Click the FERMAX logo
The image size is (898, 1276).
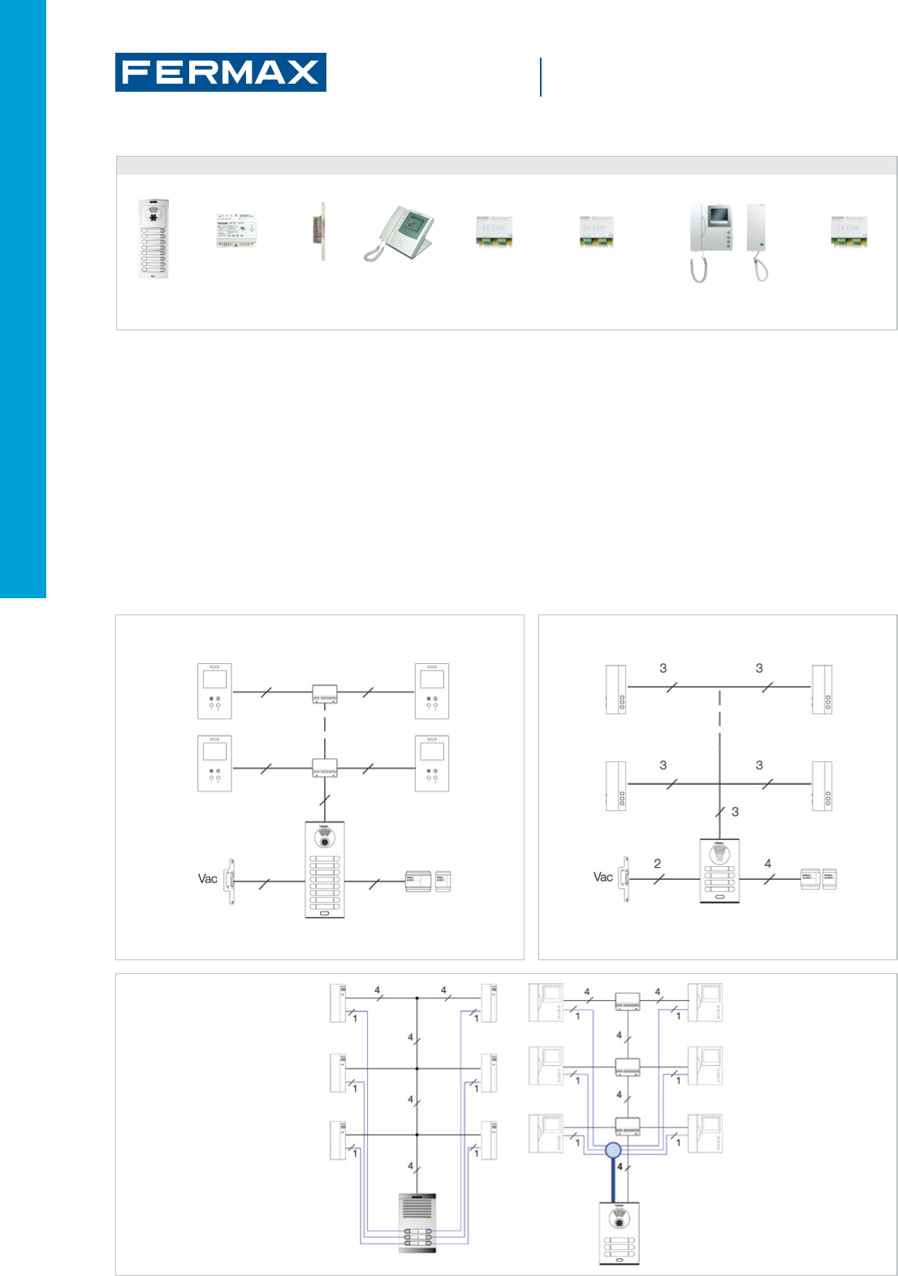(x=221, y=72)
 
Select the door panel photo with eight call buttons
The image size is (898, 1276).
(x=153, y=239)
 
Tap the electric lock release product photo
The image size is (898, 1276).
(x=322, y=231)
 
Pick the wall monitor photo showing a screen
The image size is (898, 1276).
(x=710, y=242)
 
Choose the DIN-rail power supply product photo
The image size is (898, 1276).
(x=236, y=231)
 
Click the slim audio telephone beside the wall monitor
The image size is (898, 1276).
(x=757, y=242)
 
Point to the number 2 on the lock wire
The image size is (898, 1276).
(x=657, y=864)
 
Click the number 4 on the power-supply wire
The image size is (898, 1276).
(x=767, y=864)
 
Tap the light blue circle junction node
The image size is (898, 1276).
(x=613, y=1150)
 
